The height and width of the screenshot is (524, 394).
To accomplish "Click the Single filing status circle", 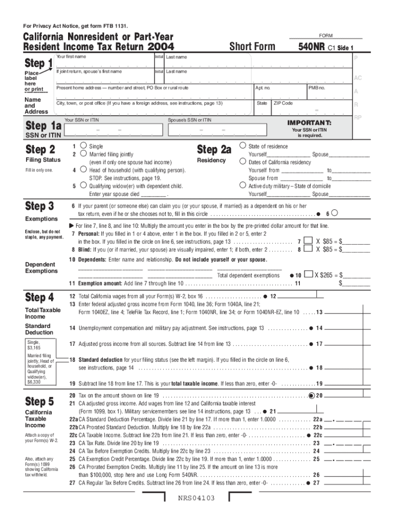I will pyautogui.click(x=83, y=146).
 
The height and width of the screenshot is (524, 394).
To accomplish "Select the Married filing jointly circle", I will pyautogui.click(x=83, y=154).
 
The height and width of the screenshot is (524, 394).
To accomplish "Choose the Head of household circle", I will pyautogui.click(x=83, y=169).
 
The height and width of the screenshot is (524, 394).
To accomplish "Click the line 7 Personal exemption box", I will pyautogui.click(x=308, y=240).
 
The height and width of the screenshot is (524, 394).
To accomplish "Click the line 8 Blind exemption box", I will pyautogui.click(x=308, y=249).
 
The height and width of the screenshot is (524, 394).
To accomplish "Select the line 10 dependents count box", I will pyautogui.click(x=308, y=275).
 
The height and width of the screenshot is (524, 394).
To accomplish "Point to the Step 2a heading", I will pyautogui.click(x=214, y=149).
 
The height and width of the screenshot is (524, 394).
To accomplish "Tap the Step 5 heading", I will pyautogui.click(x=39, y=400).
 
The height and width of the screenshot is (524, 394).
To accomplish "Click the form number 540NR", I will pyautogui.click(x=312, y=47).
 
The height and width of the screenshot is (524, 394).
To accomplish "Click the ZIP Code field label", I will pyautogui.click(x=283, y=103).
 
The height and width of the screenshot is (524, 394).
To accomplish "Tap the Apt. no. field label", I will pyautogui.click(x=262, y=88).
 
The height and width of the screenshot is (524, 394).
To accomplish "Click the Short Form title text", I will pyautogui.click(x=252, y=47).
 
